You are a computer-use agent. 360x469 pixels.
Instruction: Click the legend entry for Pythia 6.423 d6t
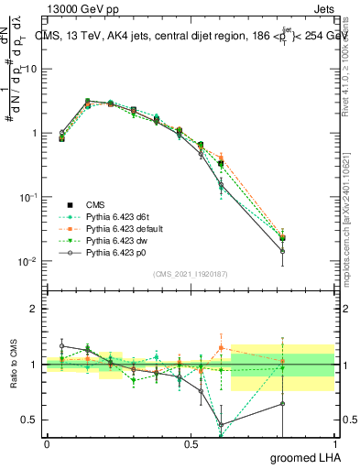(110, 216)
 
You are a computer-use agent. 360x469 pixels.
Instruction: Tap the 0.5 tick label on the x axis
(191, 443)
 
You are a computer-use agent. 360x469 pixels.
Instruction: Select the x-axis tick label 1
(333, 443)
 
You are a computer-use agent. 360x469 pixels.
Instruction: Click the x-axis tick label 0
(47, 443)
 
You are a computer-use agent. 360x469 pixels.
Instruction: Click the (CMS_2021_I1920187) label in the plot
(191, 274)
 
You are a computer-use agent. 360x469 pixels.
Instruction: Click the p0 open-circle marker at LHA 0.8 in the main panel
(308, 251)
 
